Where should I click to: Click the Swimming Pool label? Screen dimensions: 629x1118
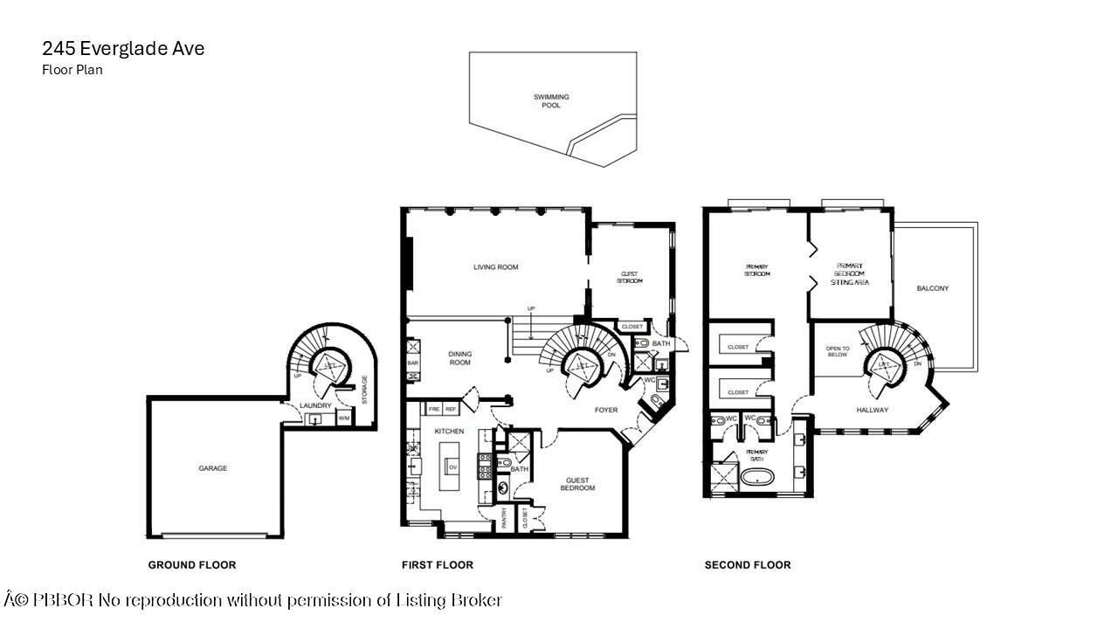tap(551, 100)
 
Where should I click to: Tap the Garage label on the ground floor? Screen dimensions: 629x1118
tap(212, 468)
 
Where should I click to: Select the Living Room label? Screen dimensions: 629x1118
tap(495, 267)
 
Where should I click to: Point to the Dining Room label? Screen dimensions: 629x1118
tap(459, 358)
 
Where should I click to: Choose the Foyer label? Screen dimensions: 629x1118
tap(605, 410)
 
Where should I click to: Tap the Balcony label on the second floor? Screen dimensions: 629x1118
tap(932, 288)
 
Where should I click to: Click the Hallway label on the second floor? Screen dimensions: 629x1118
tap(872, 410)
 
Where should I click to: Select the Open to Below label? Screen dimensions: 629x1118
tap(837, 352)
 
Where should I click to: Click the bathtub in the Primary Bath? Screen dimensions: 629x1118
tap(756, 479)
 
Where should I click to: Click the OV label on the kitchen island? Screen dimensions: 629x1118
tap(452, 467)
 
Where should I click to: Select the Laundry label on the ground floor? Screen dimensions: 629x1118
tap(314, 405)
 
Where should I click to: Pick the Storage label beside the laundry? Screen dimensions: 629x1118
tap(364, 388)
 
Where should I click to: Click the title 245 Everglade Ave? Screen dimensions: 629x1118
tap(123, 49)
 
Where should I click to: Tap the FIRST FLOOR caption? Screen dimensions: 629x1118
tap(437, 565)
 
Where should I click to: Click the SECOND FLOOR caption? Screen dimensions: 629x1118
tap(748, 565)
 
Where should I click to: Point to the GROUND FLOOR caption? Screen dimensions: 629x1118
tap(191, 565)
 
